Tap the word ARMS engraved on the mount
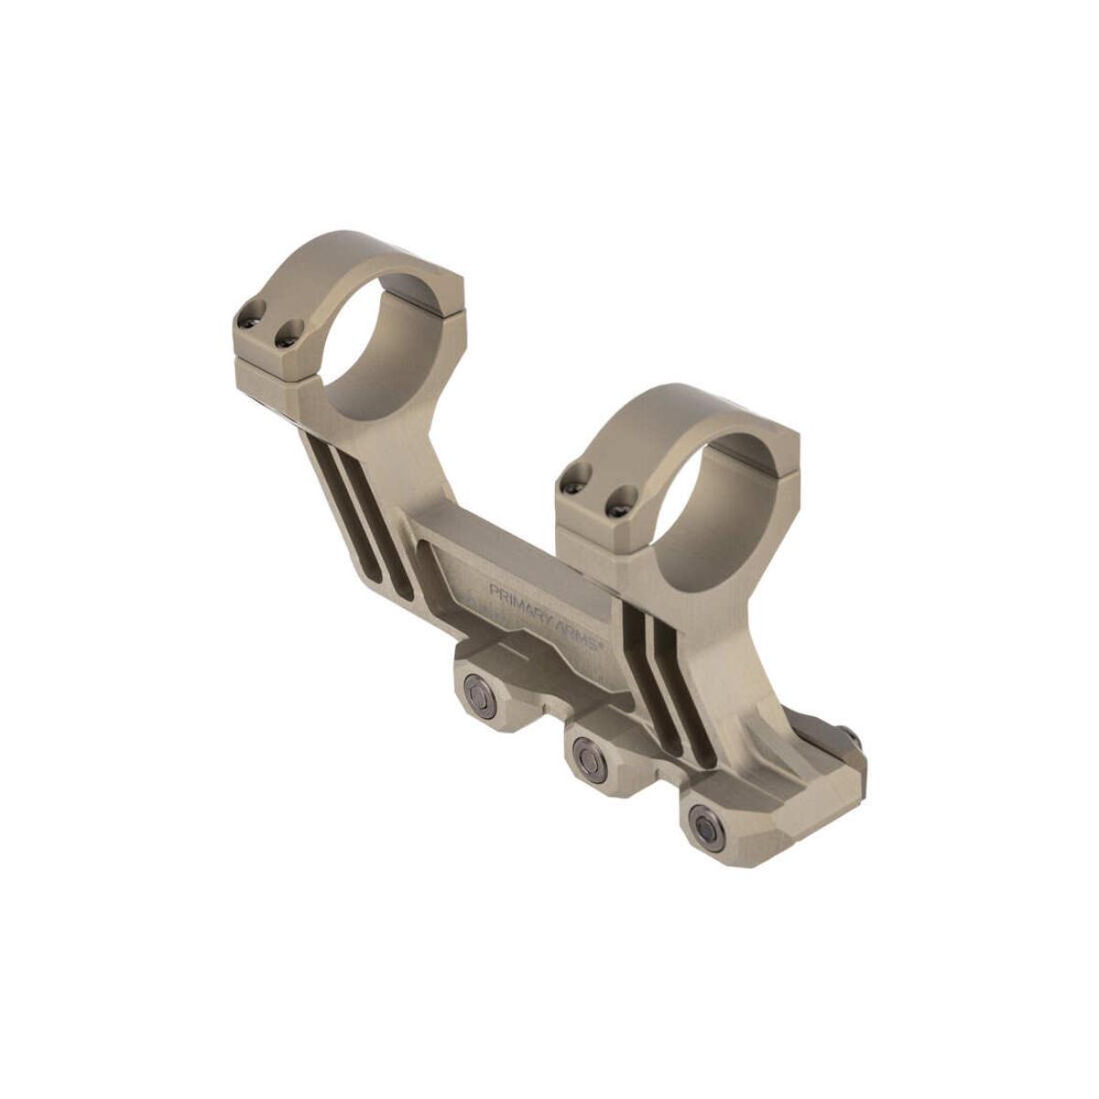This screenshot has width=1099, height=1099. pyautogui.click(x=575, y=631)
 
